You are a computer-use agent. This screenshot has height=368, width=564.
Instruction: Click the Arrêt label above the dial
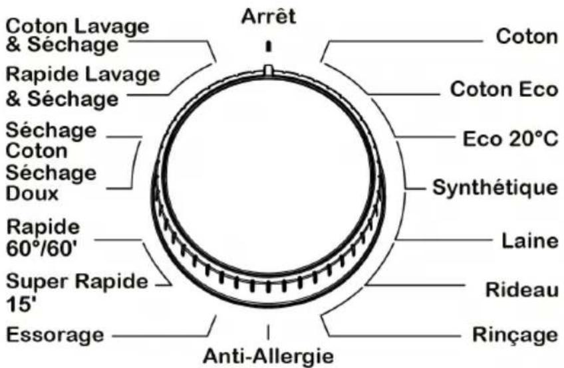[x=267, y=16]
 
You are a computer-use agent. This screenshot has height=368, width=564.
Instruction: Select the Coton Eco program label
[x=503, y=88]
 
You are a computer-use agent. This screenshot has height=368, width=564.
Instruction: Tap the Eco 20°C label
[x=510, y=140]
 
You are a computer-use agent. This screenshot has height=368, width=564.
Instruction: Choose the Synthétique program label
[x=495, y=187]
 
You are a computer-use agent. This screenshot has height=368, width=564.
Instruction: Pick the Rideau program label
[x=520, y=290]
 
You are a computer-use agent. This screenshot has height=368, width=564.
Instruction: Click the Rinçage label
[x=515, y=334]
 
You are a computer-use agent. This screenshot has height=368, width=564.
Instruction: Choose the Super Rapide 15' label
[x=76, y=290]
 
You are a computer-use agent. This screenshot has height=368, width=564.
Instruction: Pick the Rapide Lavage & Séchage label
[x=83, y=86]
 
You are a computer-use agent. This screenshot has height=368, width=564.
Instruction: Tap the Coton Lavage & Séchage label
[x=77, y=35]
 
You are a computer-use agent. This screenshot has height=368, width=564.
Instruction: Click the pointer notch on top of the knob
[x=267, y=69]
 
